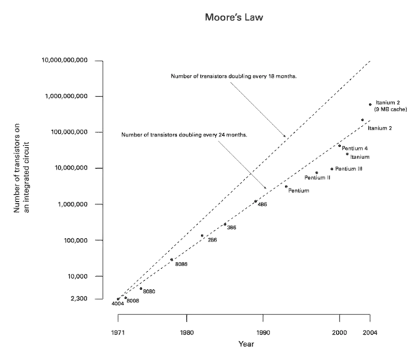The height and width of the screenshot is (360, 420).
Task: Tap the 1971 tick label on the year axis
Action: [x=116, y=332]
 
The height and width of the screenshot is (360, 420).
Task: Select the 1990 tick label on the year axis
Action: [x=262, y=332]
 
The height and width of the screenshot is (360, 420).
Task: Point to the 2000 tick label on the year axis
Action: [x=339, y=332]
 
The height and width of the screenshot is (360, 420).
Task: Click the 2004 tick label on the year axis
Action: [x=370, y=332]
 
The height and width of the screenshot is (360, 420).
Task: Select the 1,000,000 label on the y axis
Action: [x=73, y=204]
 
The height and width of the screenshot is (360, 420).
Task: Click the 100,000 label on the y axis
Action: [x=75, y=240]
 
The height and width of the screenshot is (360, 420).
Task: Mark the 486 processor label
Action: [x=260, y=204]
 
